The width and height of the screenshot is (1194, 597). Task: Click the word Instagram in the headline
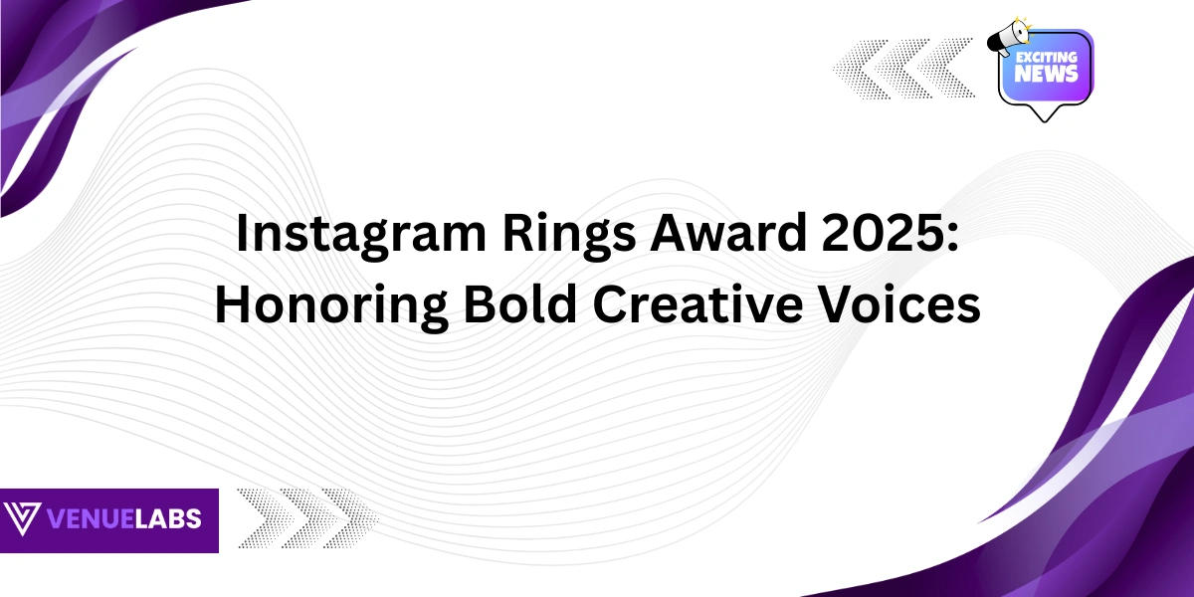click(x=361, y=235)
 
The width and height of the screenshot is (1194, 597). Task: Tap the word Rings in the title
click(x=569, y=235)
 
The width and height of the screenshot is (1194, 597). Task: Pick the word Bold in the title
click(x=519, y=303)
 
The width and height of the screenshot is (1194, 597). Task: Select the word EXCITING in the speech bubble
click(x=1047, y=57)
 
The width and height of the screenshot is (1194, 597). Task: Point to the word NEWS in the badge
click(x=1046, y=74)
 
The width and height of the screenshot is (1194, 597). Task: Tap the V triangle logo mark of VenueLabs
click(x=22, y=518)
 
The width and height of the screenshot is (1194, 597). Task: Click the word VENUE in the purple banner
click(x=90, y=518)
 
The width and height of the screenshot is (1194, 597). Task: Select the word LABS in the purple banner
click(x=167, y=518)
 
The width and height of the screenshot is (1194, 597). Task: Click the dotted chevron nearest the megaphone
click(x=946, y=69)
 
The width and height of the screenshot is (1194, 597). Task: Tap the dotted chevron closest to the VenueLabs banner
click(x=266, y=518)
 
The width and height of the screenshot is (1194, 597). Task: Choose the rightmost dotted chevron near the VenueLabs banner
click(x=350, y=518)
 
